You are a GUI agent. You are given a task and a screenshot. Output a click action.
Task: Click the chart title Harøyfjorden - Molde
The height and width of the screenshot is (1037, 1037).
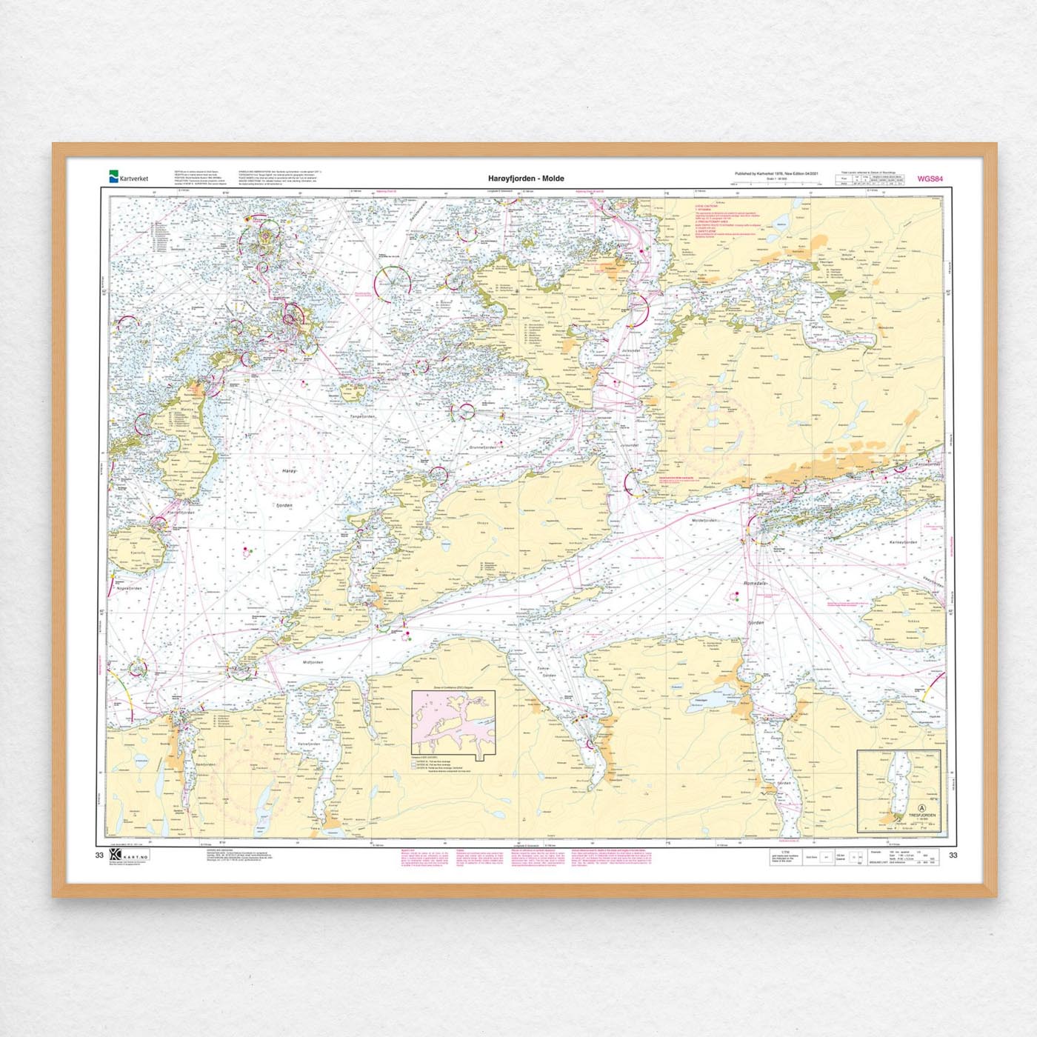click(x=526, y=179)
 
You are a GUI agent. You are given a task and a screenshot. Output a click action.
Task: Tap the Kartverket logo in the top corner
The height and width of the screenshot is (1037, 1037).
click(x=129, y=178)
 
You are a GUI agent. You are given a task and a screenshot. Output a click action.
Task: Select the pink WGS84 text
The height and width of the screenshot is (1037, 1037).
click(x=930, y=179)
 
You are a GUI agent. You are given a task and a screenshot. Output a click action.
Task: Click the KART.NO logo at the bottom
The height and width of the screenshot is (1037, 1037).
click(x=130, y=855)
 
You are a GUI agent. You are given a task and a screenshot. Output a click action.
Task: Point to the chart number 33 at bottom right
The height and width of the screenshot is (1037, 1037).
click(x=953, y=855)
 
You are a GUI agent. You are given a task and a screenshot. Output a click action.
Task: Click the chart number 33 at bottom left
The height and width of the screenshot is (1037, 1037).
click(x=99, y=855)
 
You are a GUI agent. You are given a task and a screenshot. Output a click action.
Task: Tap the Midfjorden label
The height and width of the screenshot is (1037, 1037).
click(x=313, y=662)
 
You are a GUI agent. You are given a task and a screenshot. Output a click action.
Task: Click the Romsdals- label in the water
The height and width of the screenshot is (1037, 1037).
click(x=756, y=584)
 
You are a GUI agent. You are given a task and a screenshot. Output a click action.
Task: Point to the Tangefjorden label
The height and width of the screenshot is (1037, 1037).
click(x=363, y=416)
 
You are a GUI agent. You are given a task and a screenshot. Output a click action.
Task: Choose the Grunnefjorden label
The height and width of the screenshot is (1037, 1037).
click(x=482, y=447)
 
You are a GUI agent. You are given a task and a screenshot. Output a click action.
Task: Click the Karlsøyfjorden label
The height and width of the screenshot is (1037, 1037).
click(x=903, y=542)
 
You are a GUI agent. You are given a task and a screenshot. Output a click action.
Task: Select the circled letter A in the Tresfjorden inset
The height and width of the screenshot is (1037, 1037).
click(x=921, y=809)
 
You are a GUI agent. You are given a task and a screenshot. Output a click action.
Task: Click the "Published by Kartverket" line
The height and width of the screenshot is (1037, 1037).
click(x=776, y=174)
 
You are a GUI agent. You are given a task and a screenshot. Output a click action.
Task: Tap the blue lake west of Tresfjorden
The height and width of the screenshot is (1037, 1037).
click(x=701, y=699)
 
